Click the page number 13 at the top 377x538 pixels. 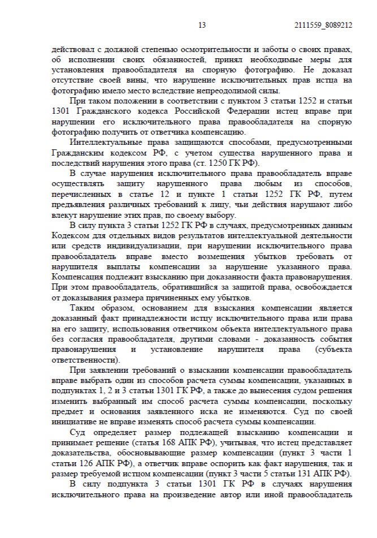(202, 25)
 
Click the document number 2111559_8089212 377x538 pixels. (324, 25)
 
